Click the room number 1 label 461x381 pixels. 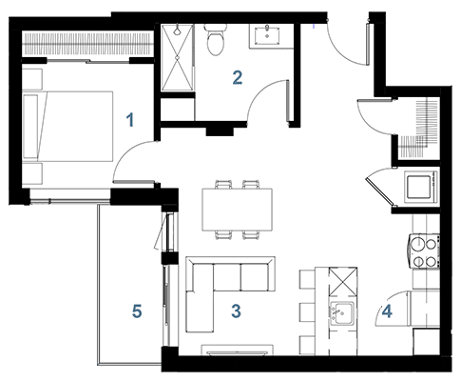point(130,121)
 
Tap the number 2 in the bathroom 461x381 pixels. point(238,78)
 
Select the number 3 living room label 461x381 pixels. point(237,311)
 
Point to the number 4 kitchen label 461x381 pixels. point(387,311)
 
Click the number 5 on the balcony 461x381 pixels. point(137,311)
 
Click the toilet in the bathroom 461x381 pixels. point(216,40)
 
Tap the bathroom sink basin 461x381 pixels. point(267,35)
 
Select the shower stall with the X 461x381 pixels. point(177,58)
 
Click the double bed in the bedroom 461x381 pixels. point(68,127)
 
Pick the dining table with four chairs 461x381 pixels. point(238,210)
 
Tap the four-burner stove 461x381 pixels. point(424,251)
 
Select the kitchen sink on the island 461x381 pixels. point(342,313)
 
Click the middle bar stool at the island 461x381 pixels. point(307,312)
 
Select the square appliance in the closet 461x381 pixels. point(419,187)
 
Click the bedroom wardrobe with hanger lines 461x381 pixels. point(87,44)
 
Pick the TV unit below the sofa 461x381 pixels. point(238,350)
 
